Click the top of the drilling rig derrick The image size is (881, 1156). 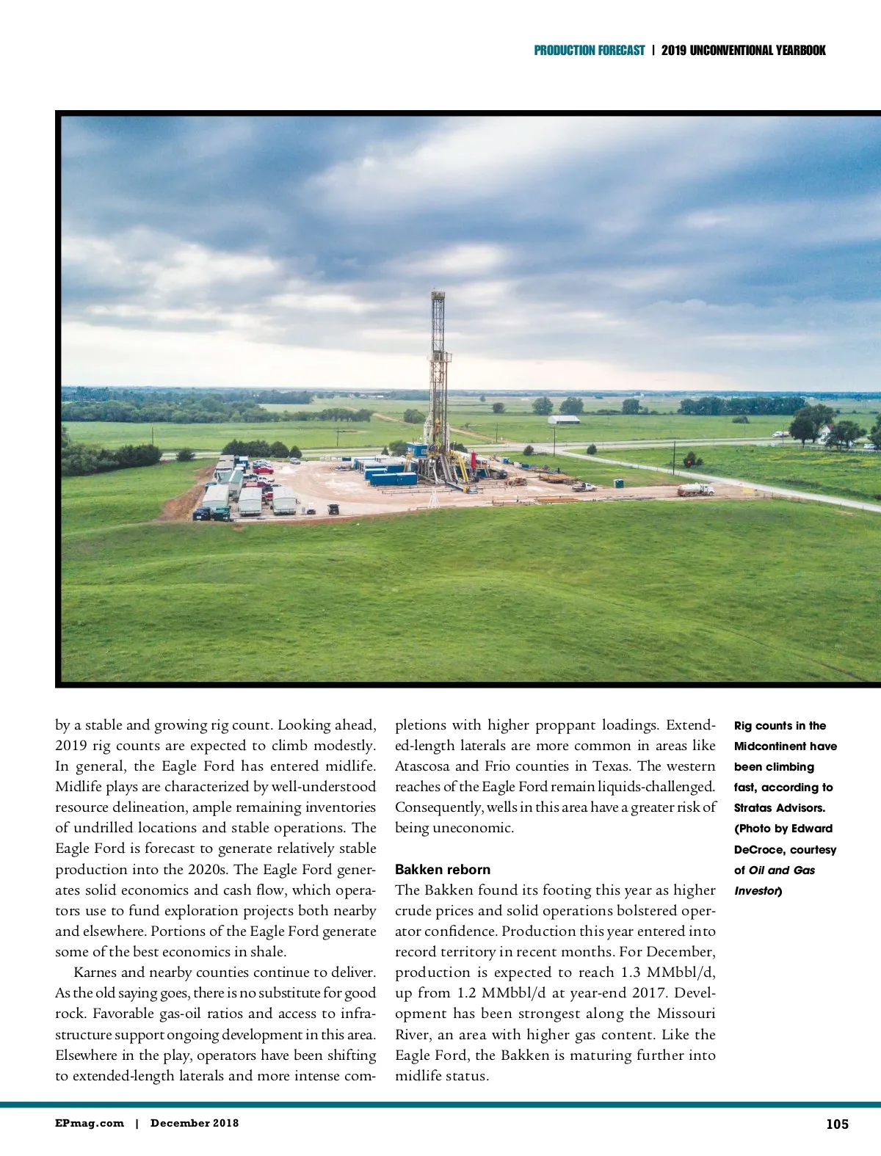(438, 295)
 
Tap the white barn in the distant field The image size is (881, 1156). (564, 420)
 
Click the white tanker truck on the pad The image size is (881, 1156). (695, 489)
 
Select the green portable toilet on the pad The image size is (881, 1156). (618, 484)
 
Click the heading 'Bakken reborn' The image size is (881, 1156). (442, 869)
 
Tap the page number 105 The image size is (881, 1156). (837, 1124)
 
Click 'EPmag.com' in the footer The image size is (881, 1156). (90, 1123)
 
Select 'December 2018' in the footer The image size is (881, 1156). (195, 1123)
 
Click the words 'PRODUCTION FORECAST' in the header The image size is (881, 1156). (589, 51)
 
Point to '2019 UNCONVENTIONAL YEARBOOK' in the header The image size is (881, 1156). (743, 51)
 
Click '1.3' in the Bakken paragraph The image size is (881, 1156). (631, 972)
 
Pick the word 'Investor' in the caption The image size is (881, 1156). (756, 890)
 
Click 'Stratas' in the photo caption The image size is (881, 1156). (753, 807)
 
